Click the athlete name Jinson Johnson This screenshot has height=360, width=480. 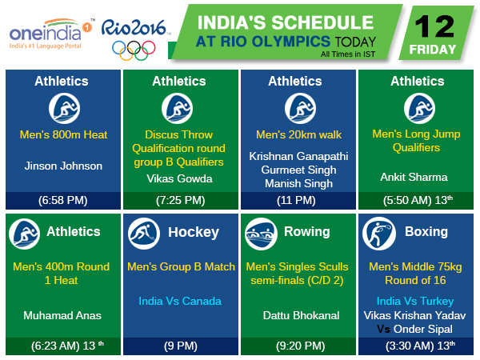(63, 166)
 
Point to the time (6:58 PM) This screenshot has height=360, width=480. (63, 200)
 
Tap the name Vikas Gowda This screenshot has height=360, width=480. (179, 178)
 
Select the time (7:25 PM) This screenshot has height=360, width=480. (179, 200)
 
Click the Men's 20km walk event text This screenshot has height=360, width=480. (297, 134)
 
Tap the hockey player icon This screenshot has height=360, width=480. (142, 233)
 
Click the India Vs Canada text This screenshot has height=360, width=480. (181, 301)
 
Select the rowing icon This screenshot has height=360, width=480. (260, 233)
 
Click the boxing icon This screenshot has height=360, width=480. (378, 233)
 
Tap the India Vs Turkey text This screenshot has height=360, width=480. (415, 302)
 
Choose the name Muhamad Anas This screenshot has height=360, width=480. (63, 315)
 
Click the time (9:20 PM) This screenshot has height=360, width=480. (297, 347)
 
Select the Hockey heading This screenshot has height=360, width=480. (193, 232)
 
